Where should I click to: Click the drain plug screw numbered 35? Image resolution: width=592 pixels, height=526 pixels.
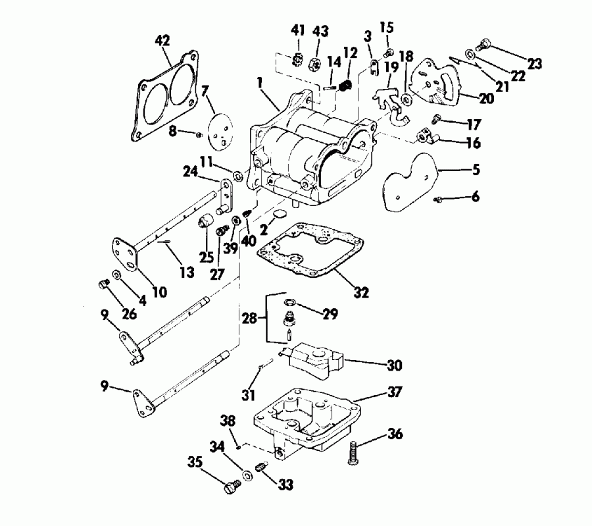pyautogui.click(x=230, y=487)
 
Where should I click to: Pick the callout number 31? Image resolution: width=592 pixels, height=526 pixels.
pyautogui.click(x=247, y=395)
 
